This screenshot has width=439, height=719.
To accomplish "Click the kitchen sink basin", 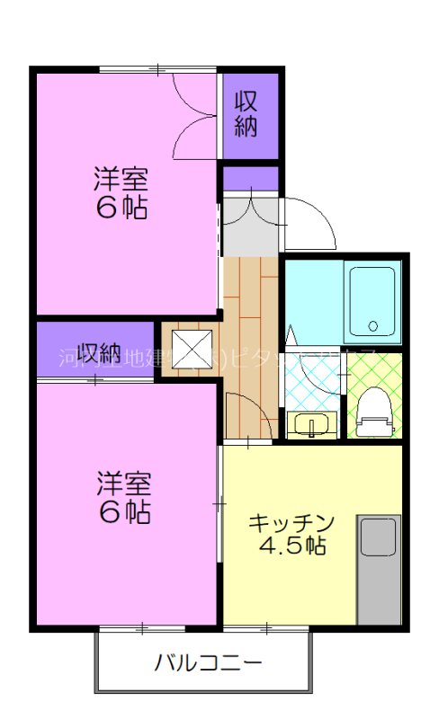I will click(x=378, y=537).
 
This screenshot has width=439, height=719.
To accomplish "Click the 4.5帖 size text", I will click(x=291, y=546).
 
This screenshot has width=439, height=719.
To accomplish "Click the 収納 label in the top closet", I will click(x=246, y=114).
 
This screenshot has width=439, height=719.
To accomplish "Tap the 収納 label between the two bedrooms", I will click(x=98, y=352).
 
